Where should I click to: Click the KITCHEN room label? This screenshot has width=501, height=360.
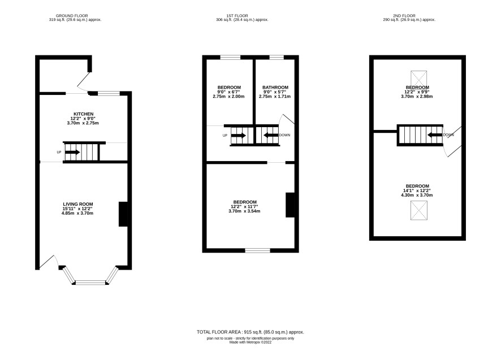[83, 114]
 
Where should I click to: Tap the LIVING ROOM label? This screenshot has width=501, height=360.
[78, 204]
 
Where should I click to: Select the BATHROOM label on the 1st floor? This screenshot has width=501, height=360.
[275, 87]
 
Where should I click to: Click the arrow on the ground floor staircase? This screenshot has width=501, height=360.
[72, 153]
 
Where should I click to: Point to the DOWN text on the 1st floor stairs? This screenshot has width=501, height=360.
[284, 135]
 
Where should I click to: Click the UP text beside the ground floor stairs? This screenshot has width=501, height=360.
[59, 153]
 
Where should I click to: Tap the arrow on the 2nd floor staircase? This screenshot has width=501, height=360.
[435, 135]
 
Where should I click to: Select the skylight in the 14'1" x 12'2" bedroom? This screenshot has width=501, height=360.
[418, 210]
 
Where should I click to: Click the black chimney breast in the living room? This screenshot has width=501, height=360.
[123, 214]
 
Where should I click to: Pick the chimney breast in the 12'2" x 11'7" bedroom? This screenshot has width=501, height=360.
[290, 205]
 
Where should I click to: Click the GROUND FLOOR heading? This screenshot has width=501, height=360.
[72, 16]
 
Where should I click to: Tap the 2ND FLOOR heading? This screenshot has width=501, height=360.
[404, 16]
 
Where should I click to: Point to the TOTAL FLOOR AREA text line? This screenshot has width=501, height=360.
[250, 332]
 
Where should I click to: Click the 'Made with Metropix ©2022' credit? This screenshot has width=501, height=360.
[250, 342]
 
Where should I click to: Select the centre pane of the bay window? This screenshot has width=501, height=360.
[90, 283]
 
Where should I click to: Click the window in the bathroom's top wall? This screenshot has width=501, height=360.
[277, 58]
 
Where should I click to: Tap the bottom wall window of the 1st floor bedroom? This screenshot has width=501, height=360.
[257, 250]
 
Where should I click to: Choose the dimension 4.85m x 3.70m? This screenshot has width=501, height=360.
[77, 213]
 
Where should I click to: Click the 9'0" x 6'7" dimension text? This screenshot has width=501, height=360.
[228, 92]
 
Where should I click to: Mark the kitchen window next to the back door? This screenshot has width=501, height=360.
[109, 93]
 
